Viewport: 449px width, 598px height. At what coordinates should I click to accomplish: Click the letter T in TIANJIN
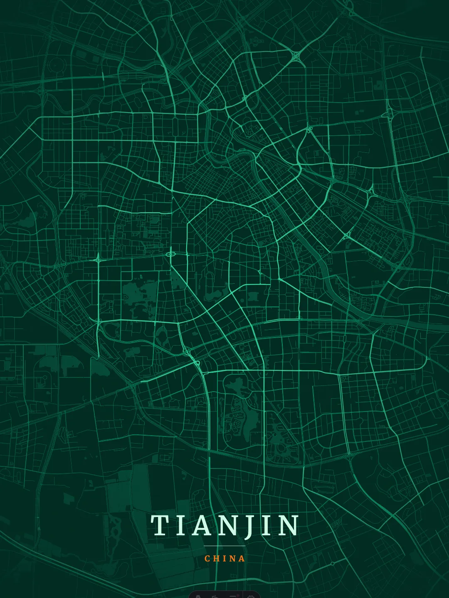[x=159, y=525]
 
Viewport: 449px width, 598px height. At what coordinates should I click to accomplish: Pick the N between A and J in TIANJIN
[x=226, y=525]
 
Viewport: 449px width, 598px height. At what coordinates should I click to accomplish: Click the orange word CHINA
[x=224, y=559]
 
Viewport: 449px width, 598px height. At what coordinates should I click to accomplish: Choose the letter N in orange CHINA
[x=232, y=559]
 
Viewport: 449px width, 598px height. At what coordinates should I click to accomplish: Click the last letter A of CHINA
[x=242, y=559]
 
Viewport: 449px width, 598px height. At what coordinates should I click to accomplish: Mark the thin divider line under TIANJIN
[x=224, y=546]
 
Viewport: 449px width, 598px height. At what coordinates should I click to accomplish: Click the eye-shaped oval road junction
[x=170, y=254]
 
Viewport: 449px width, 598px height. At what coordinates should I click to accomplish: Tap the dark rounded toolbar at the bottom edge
[x=224, y=595]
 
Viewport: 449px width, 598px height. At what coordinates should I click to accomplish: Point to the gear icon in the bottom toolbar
[x=251, y=596]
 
